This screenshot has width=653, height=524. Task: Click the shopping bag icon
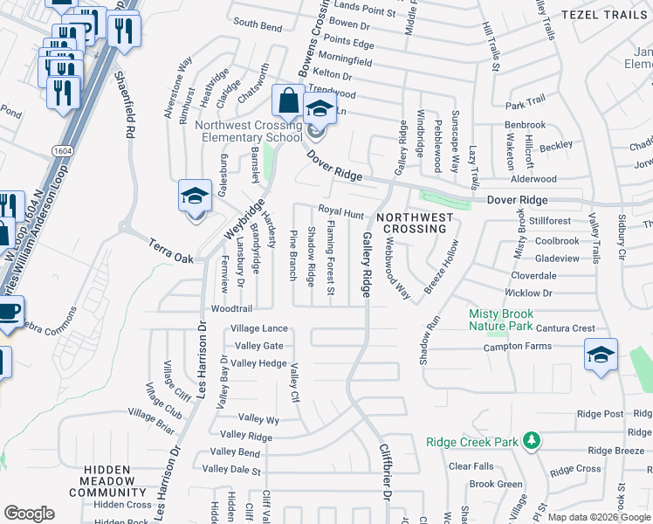287,102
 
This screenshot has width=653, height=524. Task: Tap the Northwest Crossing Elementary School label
249,131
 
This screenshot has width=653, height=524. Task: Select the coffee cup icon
9,314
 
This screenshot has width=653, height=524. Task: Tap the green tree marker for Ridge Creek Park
530,441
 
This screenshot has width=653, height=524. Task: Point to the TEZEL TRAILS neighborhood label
605,15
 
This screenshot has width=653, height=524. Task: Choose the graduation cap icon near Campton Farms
601,355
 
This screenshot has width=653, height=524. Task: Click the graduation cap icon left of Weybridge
195,196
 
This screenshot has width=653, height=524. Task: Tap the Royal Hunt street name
340,212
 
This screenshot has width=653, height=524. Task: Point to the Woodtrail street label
231,309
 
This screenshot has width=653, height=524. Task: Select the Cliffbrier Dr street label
382,472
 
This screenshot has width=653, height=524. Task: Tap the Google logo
29,514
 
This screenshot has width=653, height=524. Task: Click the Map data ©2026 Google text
598,517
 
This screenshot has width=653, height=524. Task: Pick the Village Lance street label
258,328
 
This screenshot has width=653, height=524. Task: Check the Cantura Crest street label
566,328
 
